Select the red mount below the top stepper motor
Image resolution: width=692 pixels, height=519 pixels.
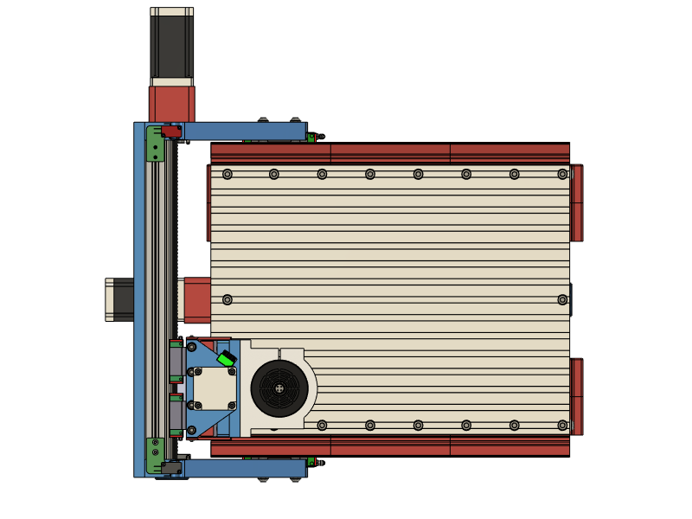(x=171, y=104)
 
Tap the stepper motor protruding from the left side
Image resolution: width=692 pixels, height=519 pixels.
(x=119, y=299)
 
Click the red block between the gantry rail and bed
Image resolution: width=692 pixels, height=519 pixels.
(x=196, y=299)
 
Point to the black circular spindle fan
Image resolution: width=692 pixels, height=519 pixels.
(x=279, y=388)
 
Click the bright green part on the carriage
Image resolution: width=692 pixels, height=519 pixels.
(x=226, y=359)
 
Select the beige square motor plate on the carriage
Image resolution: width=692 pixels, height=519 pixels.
(x=214, y=388)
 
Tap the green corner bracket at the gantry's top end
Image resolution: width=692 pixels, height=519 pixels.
(x=155, y=144)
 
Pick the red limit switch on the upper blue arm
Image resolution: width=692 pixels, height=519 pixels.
(x=171, y=131)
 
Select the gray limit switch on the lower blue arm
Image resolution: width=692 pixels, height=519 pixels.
(x=170, y=468)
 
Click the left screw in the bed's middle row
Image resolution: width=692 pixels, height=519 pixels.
(x=227, y=300)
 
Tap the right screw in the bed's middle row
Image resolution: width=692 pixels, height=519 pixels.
(x=562, y=300)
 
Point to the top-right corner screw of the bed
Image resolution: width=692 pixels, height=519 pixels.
(x=562, y=174)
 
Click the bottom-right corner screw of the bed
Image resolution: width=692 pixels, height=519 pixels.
(x=562, y=426)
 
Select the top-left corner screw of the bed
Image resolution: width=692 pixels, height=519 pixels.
(x=227, y=174)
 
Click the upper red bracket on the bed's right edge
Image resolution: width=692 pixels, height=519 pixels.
(x=577, y=203)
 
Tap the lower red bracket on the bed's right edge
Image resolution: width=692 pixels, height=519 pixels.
(x=577, y=396)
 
